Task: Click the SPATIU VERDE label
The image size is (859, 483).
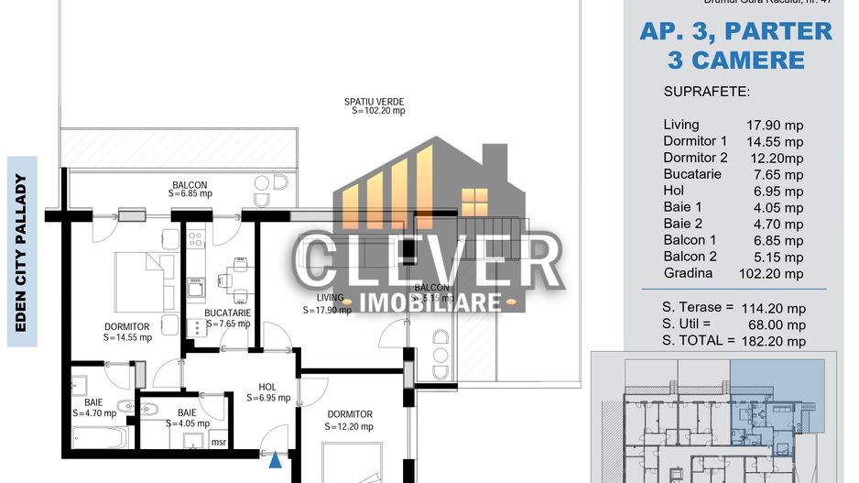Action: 374,105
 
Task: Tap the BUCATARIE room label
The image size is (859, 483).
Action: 227,318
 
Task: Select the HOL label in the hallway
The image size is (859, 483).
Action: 267,392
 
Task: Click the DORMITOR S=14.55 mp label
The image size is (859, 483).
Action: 126,332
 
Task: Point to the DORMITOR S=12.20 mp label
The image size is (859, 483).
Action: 350,420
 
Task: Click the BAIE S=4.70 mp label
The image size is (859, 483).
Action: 94,407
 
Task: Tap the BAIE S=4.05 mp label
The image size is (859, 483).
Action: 187,418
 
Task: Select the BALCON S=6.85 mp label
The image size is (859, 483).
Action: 190,189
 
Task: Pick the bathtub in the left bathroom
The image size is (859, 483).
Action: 99,438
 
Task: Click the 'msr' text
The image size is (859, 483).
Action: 219,442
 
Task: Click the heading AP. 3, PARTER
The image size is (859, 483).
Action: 736,31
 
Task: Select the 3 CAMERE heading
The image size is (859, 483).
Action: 736,60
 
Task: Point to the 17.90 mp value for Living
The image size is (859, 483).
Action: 775,126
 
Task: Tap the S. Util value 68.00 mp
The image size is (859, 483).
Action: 775,324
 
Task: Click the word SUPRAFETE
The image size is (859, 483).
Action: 706,93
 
